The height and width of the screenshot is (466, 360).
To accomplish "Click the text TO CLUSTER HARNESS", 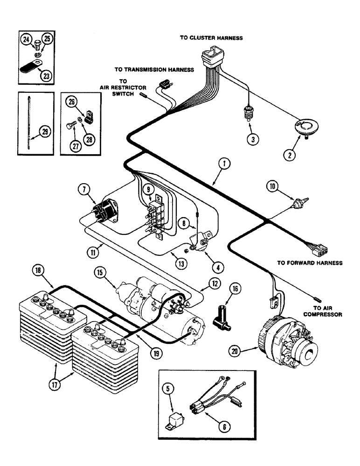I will pos(211,38).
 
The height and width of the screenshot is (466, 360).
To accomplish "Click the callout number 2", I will pos(290,156).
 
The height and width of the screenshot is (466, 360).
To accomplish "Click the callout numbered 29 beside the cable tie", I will pos(44,132).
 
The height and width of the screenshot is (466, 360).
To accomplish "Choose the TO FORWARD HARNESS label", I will pos(310,263).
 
